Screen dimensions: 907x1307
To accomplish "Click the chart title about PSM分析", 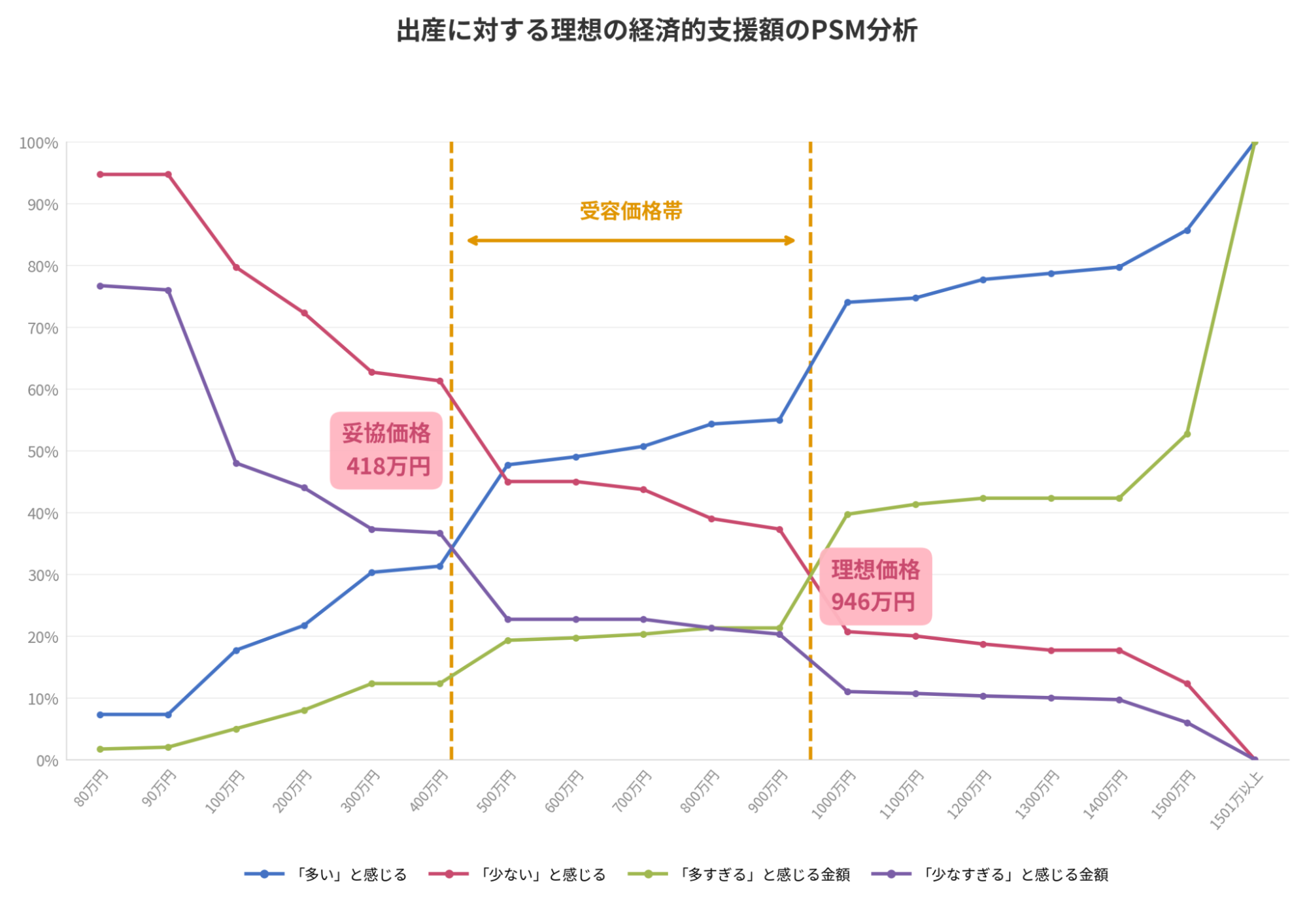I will [x=656, y=31].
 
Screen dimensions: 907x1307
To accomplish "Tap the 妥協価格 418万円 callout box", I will [x=386, y=450].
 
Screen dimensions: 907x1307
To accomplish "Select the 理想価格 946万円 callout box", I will [x=875, y=586].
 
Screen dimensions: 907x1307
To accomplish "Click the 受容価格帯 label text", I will [x=631, y=211].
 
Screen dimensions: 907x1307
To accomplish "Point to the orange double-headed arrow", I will [x=631, y=240].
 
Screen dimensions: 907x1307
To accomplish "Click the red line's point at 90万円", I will [x=168, y=174].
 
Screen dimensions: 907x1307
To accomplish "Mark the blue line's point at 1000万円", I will [x=847, y=302].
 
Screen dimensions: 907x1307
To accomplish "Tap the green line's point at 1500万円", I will [x=1187, y=434].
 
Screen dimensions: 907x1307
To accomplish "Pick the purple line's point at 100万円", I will [x=236, y=463].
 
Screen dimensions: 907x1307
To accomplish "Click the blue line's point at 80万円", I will [x=100, y=715].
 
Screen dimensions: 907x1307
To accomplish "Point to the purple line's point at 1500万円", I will [x=1187, y=723].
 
